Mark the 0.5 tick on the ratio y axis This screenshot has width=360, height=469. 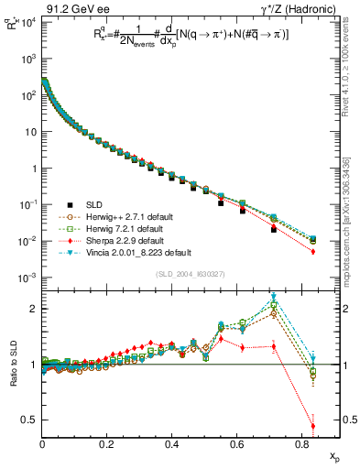point(30,420)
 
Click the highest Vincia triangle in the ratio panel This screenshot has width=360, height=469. point(274,297)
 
